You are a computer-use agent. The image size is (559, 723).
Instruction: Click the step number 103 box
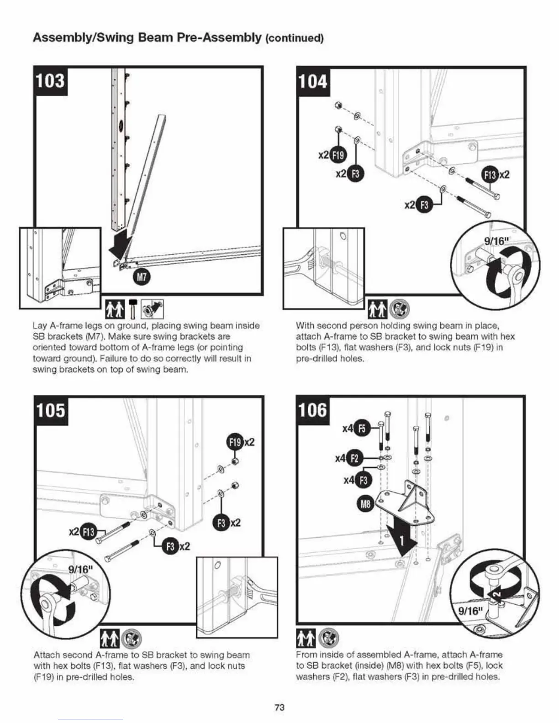(50, 81)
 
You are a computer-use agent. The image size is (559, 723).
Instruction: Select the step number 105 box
(51, 410)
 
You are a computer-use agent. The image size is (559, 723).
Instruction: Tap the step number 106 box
(313, 410)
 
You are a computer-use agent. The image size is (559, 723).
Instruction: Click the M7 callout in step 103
(142, 277)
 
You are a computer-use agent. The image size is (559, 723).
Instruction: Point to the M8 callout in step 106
(365, 504)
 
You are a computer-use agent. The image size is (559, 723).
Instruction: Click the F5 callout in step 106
(362, 428)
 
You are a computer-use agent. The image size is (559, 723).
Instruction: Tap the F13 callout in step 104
(490, 175)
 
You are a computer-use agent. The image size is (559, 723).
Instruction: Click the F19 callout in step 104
(338, 155)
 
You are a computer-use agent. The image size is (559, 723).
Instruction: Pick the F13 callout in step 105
(88, 532)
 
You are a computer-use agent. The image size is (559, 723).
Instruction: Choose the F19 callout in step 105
(235, 442)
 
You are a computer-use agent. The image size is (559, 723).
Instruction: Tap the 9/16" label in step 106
(470, 611)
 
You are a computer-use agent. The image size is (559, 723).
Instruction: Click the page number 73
(279, 707)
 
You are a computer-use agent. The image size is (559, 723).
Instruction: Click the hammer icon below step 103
(133, 310)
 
